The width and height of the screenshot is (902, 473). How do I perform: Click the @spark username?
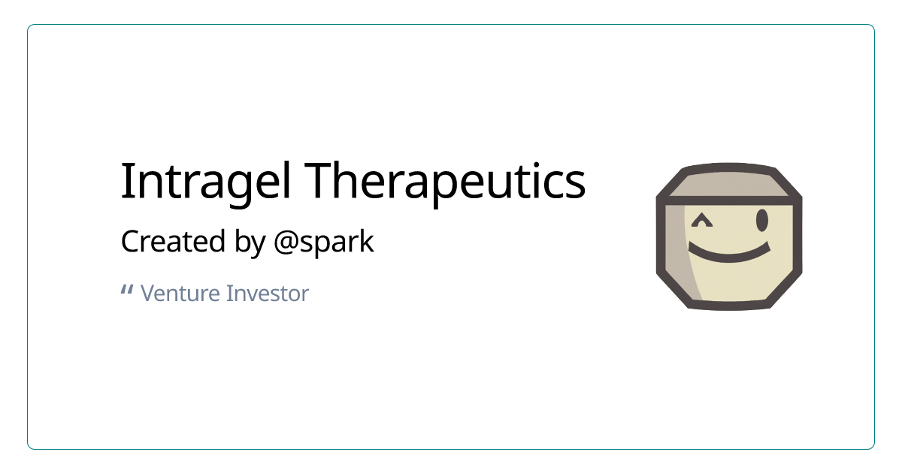tap(323, 243)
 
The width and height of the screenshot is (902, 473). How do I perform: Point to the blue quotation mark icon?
tap(127, 290)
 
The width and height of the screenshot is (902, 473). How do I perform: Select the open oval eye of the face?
tap(761, 220)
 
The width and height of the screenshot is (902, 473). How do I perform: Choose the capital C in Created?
tap(130, 242)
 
